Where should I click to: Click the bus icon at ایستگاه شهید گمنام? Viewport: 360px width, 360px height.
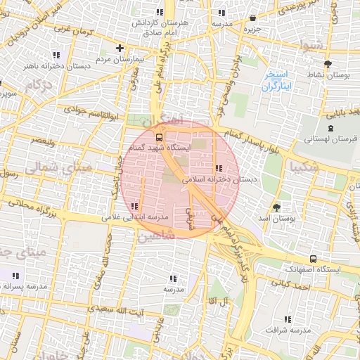159,137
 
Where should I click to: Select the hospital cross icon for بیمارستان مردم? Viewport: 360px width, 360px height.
120,49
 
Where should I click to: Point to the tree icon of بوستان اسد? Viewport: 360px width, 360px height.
276,207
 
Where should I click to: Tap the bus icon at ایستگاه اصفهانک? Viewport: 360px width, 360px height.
313,258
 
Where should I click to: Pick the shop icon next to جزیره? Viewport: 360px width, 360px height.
252,18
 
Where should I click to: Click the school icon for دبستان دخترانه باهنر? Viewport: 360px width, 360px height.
56,54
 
